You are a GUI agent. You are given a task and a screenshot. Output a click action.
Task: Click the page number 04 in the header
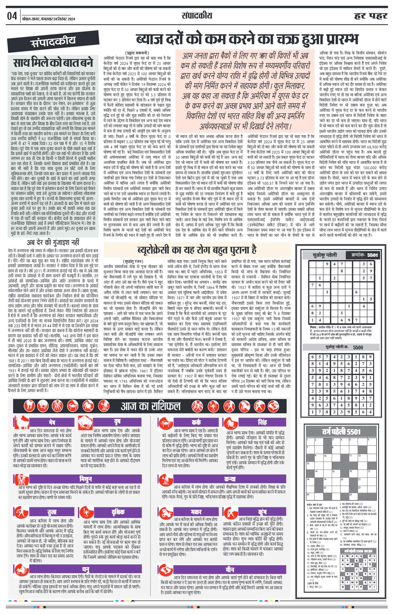[12, 16]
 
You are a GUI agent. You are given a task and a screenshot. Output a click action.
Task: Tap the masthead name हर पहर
[370, 16]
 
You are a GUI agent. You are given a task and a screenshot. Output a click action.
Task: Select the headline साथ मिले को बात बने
[53, 63]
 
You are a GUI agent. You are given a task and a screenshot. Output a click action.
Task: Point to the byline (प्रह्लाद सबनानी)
[137, 53]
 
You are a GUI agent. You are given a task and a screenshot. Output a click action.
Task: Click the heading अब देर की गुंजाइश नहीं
[53, 243]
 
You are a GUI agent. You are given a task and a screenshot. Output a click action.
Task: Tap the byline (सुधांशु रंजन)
[133, 261]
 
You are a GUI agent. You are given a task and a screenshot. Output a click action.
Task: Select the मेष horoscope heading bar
[52, 422]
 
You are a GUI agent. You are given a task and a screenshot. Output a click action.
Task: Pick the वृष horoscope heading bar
[117, 422]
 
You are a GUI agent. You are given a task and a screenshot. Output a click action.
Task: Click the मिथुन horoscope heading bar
[85, 479]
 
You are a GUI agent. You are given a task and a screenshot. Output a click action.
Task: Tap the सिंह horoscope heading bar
[262, 422]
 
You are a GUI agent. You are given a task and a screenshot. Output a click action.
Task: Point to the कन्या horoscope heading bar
[230, 479]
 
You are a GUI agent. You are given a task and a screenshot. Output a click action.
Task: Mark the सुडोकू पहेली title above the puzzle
[325, 255]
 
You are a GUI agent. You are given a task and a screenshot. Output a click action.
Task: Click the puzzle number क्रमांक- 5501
[364, 255]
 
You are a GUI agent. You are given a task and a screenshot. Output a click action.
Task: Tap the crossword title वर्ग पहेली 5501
[341, 431]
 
